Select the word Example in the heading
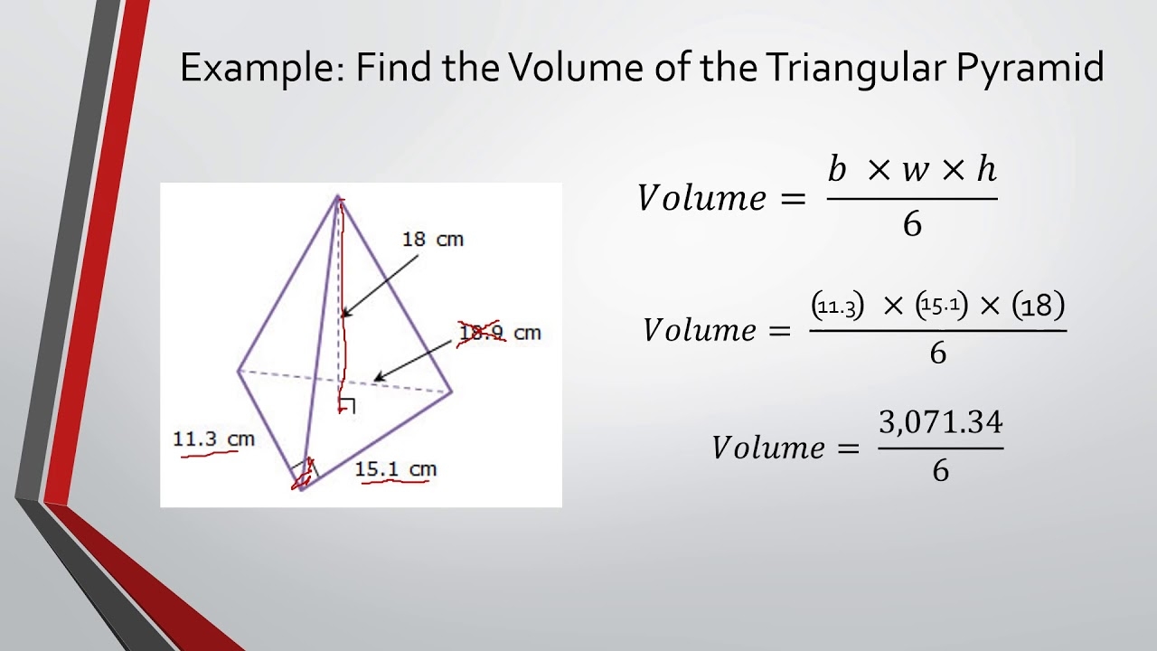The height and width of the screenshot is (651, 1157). (258, 68)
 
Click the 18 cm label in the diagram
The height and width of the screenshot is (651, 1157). (432, 240)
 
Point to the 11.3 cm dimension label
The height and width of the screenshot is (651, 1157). (213, 439)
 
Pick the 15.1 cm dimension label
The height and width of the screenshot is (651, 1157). (395, 469)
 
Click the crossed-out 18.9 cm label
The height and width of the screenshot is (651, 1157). (500, 333)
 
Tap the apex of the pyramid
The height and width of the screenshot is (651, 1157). (338, 196)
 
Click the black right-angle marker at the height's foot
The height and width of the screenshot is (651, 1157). (348, 406)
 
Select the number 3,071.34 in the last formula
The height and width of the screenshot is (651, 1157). (941, 422)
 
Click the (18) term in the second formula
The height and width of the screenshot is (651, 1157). (1038, 307)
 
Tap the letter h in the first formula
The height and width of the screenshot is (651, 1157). (986, 169)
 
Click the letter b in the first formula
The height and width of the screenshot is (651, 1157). (837, 169)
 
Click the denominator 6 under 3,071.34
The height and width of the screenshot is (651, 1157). (941, 471)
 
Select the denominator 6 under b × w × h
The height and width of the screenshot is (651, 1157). (912, 224)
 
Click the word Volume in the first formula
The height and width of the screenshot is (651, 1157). (701, 197)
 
